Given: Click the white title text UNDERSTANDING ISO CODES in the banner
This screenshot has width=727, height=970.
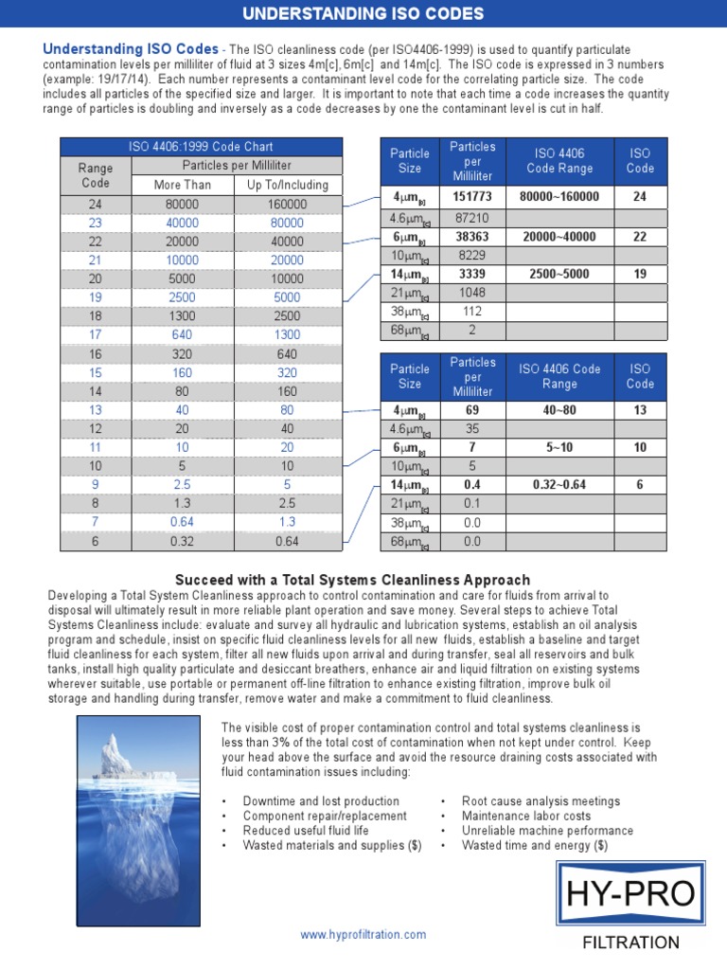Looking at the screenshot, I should [363, 14].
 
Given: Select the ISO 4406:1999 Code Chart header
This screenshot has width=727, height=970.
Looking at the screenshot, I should [201, 147].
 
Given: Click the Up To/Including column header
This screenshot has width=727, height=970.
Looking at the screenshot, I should [287, 185].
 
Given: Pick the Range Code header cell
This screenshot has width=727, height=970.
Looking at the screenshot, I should [95, 175].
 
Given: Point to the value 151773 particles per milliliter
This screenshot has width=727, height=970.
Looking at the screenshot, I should [472, 197].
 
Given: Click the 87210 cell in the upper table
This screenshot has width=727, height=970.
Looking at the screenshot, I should [472, 217].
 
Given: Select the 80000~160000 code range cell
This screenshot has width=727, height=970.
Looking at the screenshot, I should [559, 197].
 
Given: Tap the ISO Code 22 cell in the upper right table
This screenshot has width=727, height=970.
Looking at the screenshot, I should [640, 237].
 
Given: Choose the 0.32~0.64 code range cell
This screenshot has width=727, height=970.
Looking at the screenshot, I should [559, 484].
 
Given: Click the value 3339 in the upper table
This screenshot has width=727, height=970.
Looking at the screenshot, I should [472, 274].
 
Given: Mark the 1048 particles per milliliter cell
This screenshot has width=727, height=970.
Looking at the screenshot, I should [472, 293].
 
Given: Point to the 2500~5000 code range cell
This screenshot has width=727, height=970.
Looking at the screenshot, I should [559, 274].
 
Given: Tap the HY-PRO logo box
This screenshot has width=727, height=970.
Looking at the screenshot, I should [630, 892].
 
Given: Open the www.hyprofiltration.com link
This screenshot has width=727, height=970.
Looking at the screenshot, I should [363, 934].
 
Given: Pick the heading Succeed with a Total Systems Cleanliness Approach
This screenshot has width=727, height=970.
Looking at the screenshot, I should [353, 580].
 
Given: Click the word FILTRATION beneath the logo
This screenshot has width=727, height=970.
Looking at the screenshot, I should [630, 943].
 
